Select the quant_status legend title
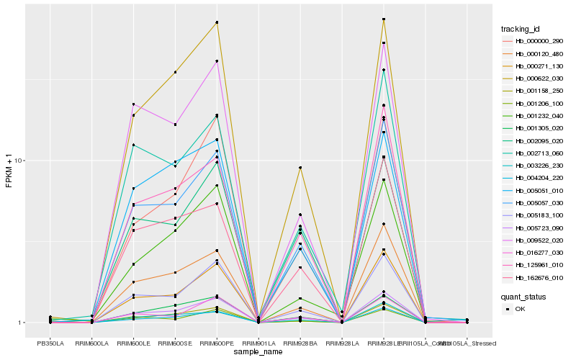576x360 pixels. point(523,296)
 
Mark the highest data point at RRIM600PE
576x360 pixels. point(217,22)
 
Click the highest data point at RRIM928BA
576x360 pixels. point(300,168)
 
